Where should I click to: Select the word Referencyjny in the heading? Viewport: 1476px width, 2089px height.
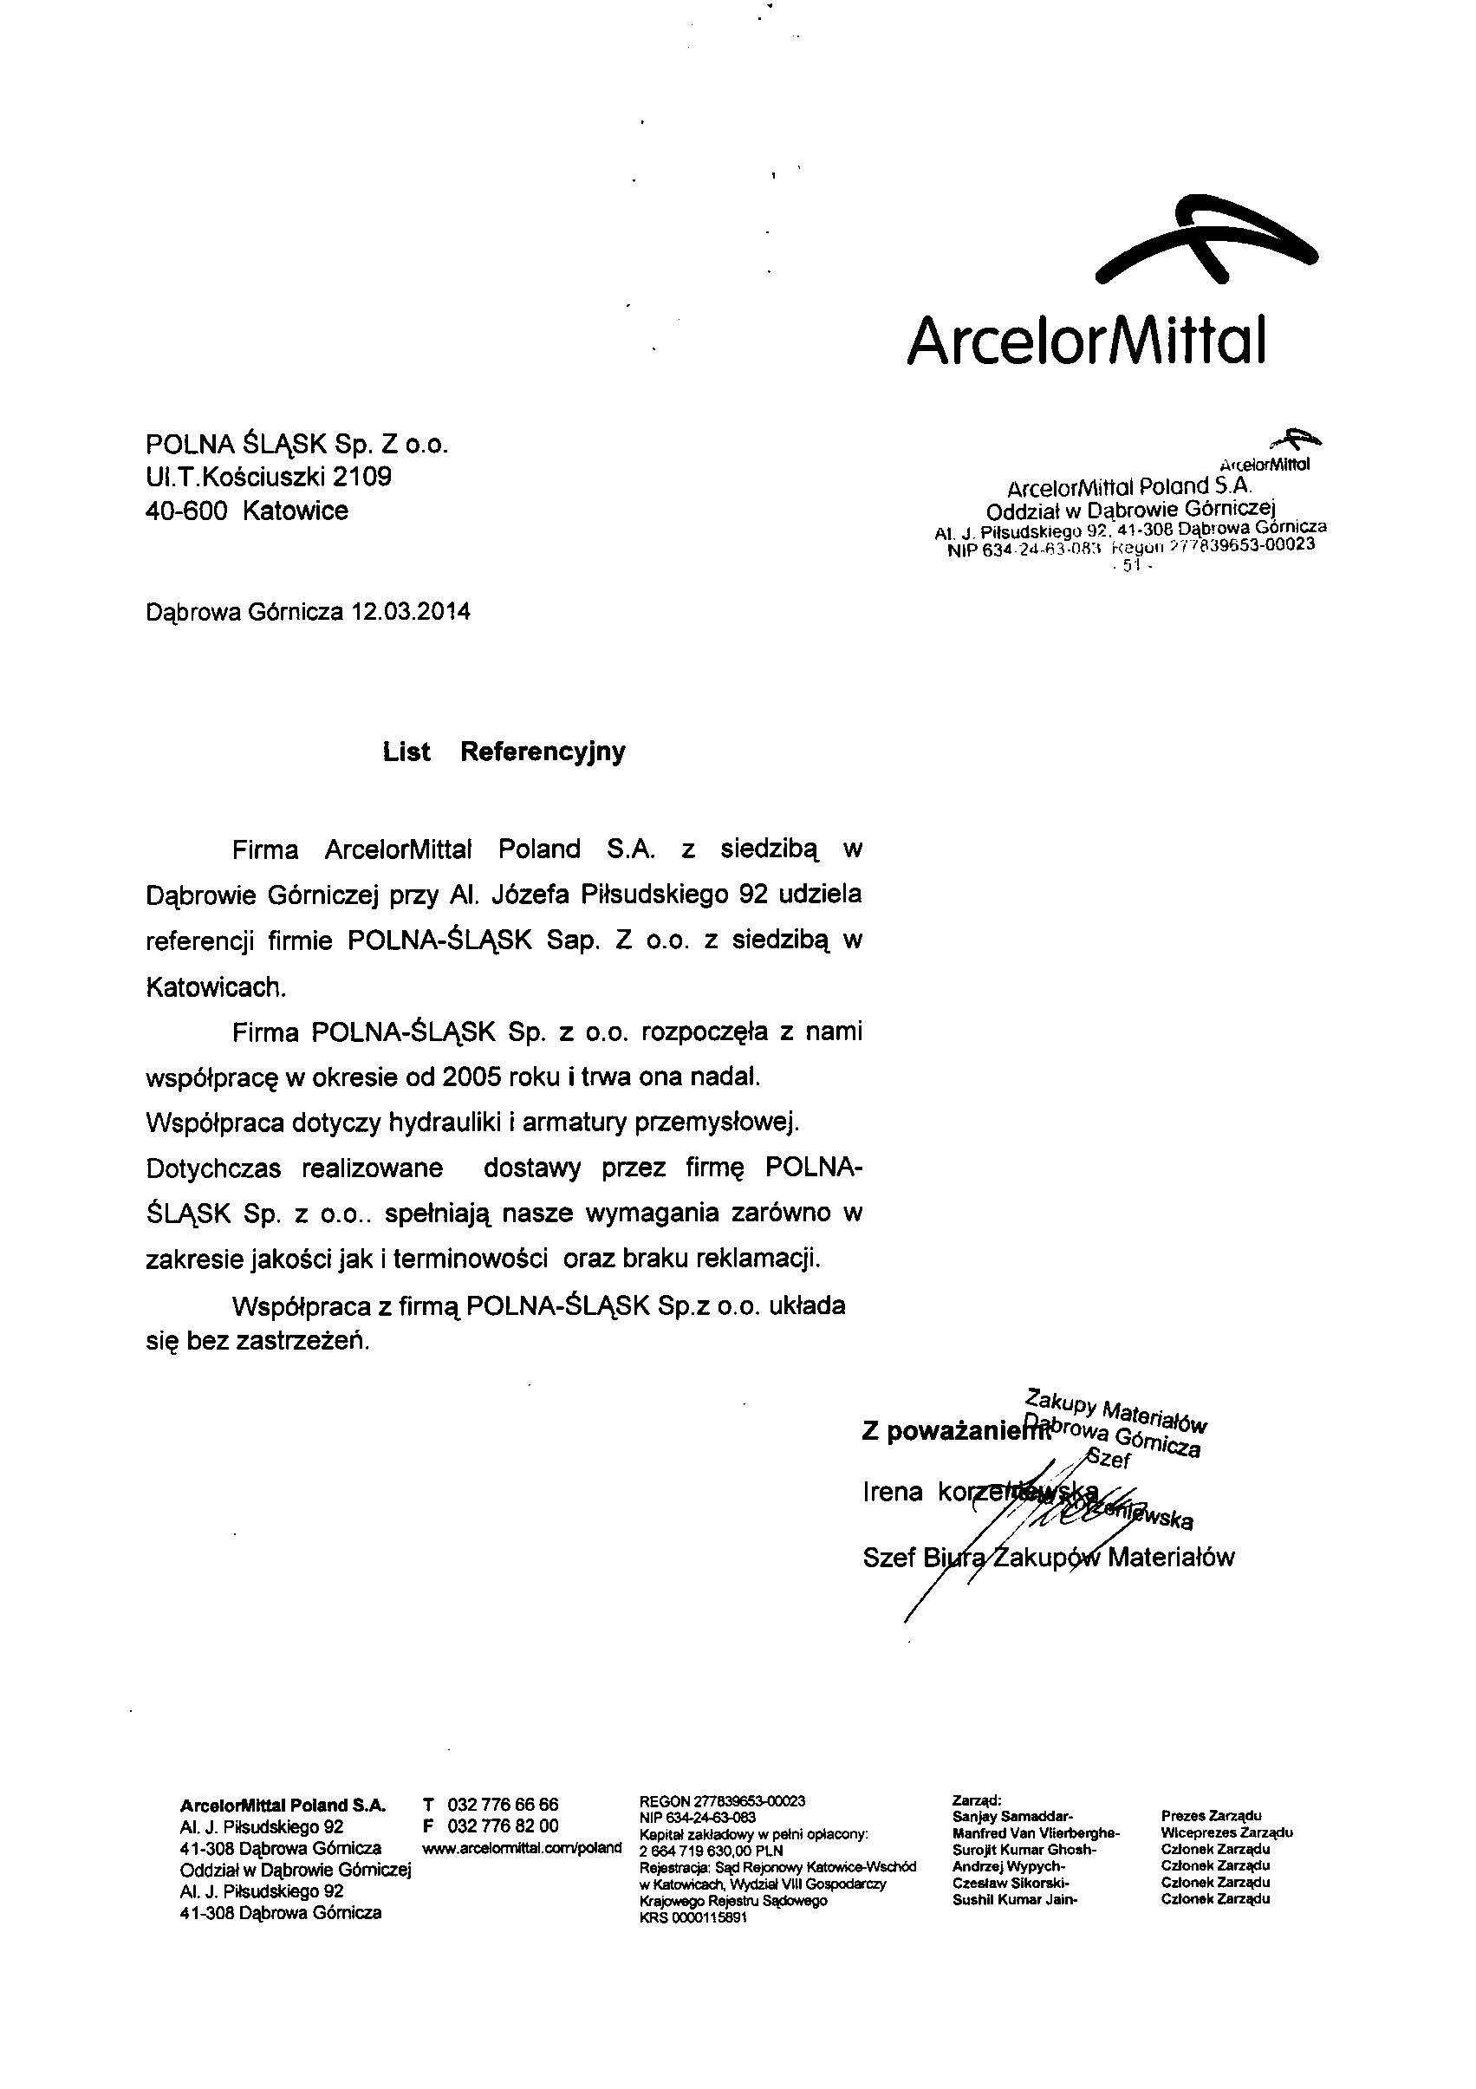pyautogui.click(x=543, y=752)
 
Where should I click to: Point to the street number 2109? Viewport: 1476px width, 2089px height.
pyautogui.click(x=361, y=478)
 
